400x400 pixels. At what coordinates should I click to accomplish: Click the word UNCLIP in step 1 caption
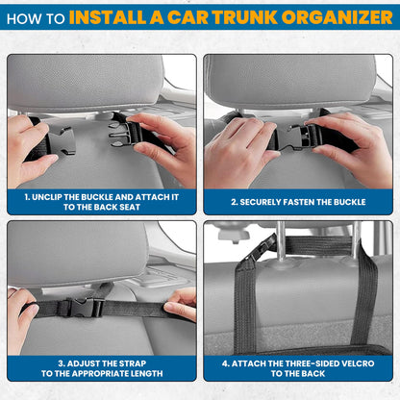pyautogui.click(x=56, y=196)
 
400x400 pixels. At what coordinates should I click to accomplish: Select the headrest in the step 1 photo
pyautogui.click(x=87, y=82)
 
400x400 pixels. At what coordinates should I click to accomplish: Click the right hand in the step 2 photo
pyautogui.click(x=356, y=144)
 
